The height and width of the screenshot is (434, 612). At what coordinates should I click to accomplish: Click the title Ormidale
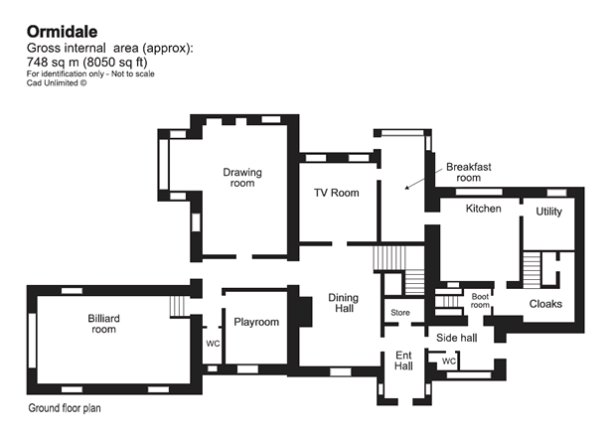click(x=62, y=31)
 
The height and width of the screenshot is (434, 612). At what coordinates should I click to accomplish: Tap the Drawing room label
click(x=242, y=178)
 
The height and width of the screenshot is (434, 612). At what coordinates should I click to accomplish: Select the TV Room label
click(x=336, y=193)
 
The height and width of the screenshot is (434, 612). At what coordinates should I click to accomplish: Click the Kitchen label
click(x=484, y=209)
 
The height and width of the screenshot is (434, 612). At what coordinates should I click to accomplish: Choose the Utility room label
click(x=549, y=212)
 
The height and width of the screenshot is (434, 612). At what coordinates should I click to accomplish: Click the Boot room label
click(x=481, y=300)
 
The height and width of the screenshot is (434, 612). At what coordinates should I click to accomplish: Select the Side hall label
click(x=457, y=338)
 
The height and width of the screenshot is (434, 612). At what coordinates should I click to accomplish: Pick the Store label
click(x=400, y=313)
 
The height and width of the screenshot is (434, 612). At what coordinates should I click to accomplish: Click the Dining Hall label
click(x=344, y=303)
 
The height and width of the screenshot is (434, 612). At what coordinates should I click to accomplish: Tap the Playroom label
click(x=256, y=323)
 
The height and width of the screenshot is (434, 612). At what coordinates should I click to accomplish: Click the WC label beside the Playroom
click(x=212, y=344)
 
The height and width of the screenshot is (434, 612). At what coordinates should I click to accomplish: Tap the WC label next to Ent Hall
click(x=448, y=362)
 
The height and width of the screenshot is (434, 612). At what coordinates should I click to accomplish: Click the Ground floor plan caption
click(x=65, y=408)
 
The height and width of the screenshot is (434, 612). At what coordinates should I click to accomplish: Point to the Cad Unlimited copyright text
click(x=57, y=83)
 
